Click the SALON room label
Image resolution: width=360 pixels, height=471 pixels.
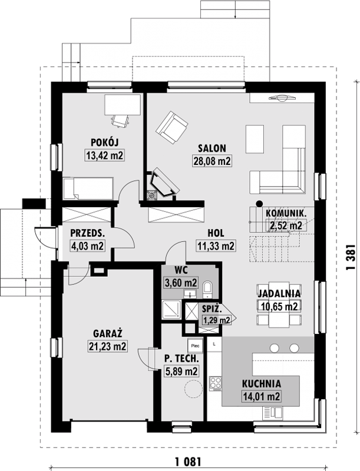(212, 148)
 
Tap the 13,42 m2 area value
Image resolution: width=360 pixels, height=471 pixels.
(105, 155)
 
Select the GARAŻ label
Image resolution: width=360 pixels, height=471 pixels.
(108, 333)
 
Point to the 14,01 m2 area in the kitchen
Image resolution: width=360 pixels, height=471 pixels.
(261, 396)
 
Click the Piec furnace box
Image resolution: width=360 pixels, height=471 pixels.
(195, 346)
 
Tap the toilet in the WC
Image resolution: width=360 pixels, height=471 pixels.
(207, 289)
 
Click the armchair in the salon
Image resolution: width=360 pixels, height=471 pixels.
(172, 127)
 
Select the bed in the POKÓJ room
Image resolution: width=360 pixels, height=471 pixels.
(88, 188)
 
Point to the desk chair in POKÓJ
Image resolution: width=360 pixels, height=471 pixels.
(121, 121)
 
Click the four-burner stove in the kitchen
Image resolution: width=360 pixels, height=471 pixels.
(216, 384)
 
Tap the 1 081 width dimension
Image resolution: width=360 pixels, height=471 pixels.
(189, 461)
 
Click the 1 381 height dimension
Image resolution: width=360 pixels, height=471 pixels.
(351, 257)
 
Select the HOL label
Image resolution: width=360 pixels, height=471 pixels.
(216, 233)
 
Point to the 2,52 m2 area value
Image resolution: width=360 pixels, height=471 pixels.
(286, 225)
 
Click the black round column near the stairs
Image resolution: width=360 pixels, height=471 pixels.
(259, 203)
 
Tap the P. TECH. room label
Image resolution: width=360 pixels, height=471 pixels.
(181, 359)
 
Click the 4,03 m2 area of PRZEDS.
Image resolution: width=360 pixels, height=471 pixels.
(87, 246)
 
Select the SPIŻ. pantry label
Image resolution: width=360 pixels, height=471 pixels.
(212, 309)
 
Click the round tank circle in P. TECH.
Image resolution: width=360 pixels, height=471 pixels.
(193, 389)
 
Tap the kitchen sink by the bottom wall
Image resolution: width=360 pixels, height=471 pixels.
(273, 413)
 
